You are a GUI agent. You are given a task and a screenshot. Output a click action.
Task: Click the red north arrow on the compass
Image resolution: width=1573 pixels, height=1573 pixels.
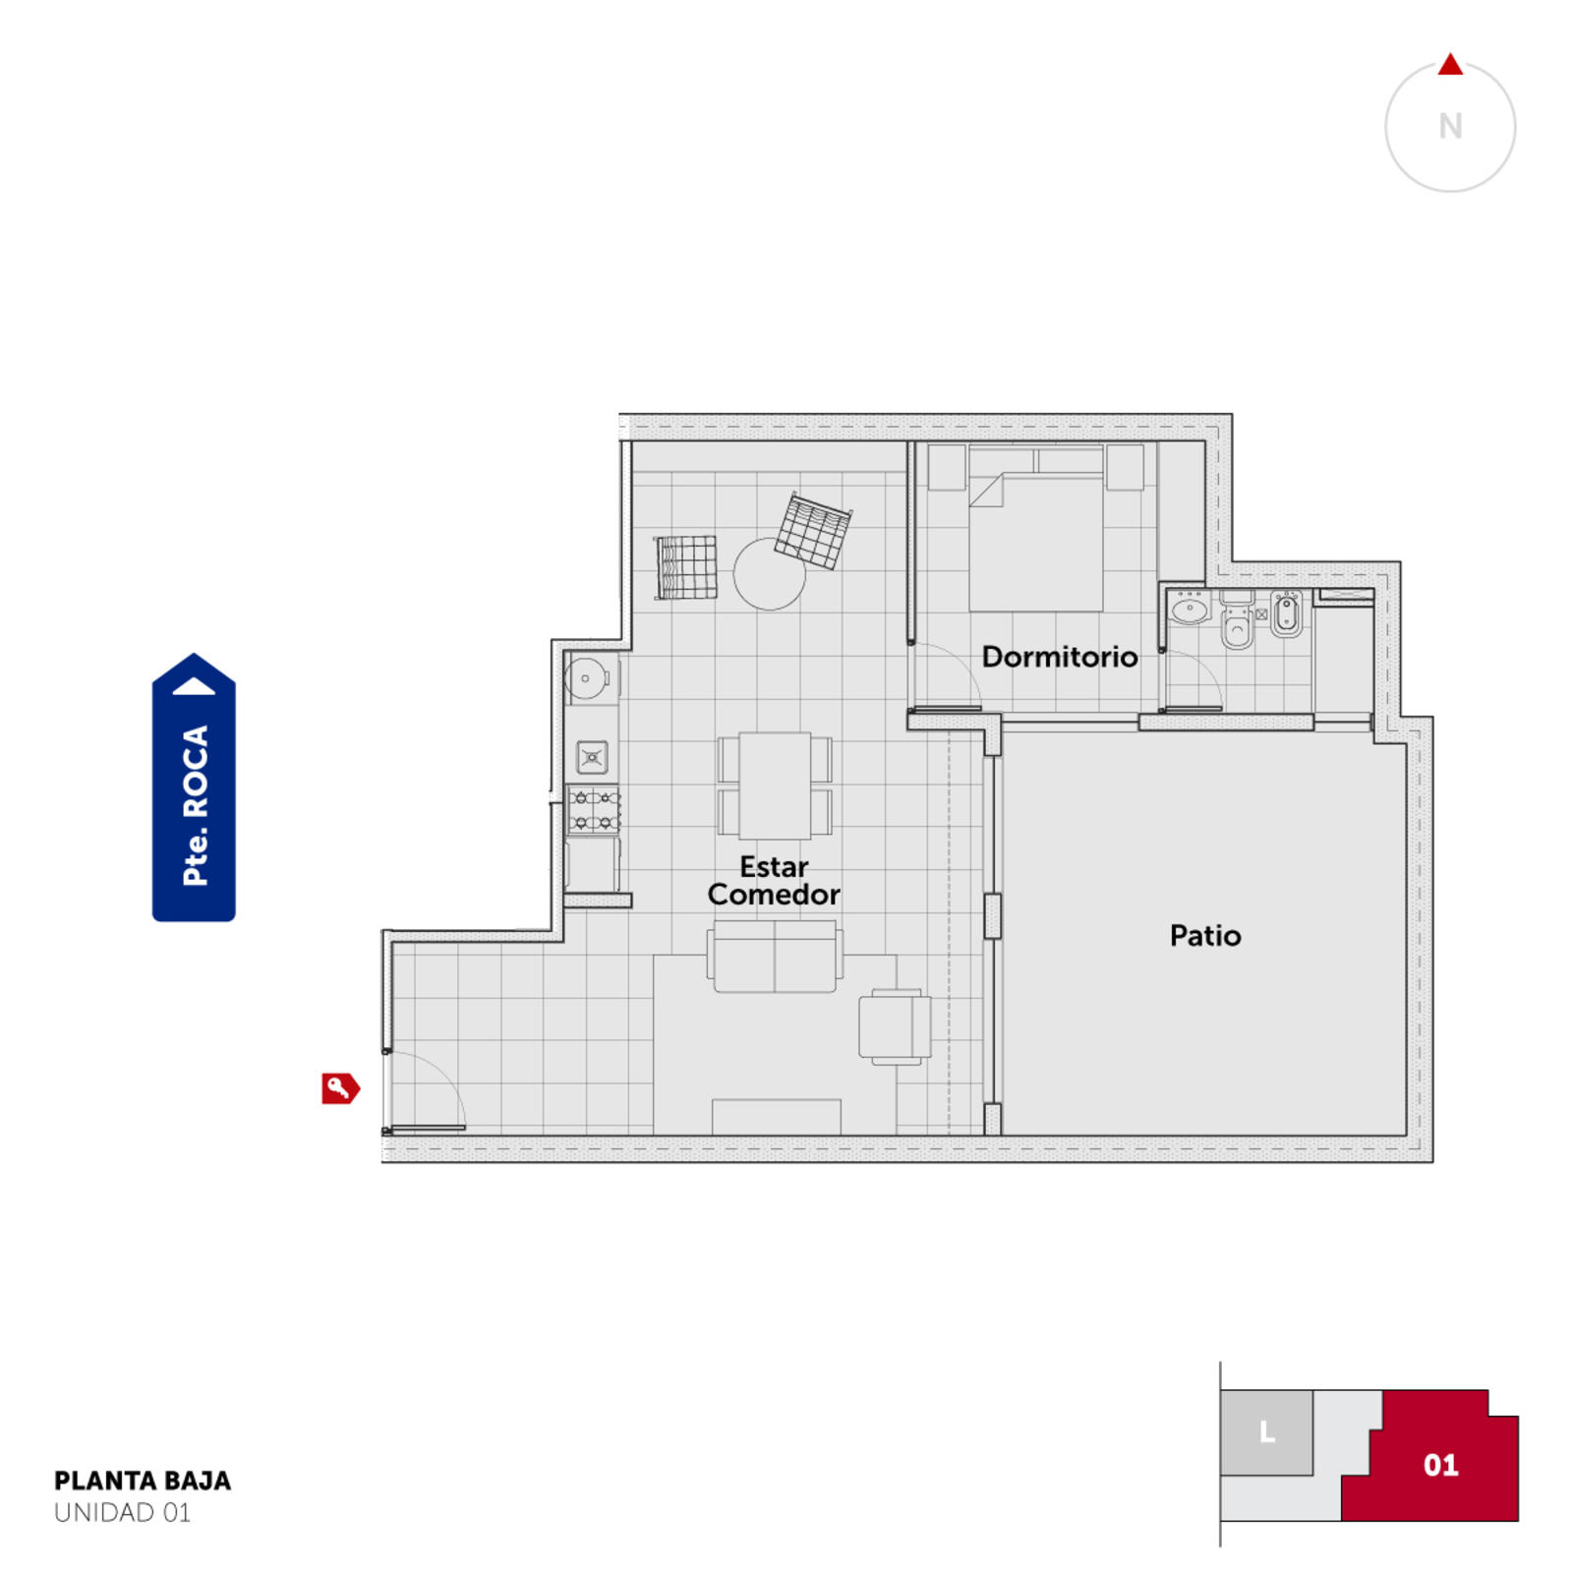tap(1450, 65)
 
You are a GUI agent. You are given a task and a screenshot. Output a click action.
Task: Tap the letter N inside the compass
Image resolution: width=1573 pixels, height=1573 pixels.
tap(1450, 126)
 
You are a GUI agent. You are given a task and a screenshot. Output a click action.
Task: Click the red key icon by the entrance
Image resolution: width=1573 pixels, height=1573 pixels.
tap(340, 1088)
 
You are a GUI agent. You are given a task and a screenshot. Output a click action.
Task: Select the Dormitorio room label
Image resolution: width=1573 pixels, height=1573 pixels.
tap(1060, 657)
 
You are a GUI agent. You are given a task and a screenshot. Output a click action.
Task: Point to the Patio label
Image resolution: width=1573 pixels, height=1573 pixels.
tap(1205, 935)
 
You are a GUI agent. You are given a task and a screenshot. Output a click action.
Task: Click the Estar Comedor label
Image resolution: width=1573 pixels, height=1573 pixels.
tap(774, 880)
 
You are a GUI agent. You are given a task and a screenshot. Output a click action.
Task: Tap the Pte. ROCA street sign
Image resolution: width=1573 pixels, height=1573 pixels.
tap(194, 787)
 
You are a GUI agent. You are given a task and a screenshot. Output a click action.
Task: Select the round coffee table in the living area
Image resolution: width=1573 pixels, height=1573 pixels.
tap(770, 574)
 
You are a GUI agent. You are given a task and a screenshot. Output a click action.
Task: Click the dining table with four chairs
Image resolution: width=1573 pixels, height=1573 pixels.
tap(776, 786)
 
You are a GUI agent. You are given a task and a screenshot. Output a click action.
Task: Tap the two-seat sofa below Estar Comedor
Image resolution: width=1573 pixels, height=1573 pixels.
tap(775, 957)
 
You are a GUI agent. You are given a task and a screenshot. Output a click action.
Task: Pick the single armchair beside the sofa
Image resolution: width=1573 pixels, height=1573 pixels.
tap(895, 1026)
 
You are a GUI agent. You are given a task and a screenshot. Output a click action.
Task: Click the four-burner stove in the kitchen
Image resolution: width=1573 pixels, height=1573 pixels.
tap(594, 810)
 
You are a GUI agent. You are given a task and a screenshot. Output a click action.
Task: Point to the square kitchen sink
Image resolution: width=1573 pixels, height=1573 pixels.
tap(592, 757)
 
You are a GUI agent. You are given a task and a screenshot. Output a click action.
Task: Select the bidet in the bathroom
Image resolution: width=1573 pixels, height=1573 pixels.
tap(1286, 614)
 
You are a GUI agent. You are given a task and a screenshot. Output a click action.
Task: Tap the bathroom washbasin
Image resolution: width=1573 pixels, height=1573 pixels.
tap(1190, 610)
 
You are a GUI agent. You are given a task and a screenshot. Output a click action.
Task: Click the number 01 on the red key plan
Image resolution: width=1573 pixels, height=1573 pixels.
tap(1440, 1465)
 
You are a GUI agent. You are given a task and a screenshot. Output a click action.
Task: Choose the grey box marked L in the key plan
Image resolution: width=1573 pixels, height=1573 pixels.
tap(1266, 1432)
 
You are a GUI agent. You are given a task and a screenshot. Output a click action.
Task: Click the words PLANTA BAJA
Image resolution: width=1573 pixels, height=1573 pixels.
tap(143, 1481)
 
